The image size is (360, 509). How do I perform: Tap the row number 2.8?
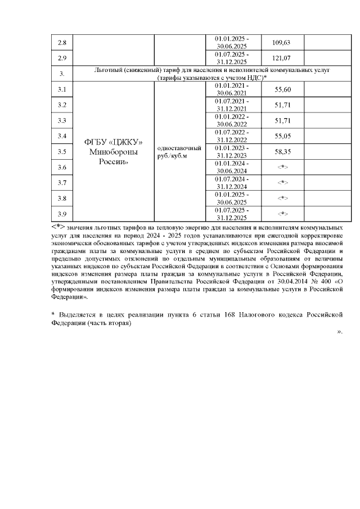point(62,42)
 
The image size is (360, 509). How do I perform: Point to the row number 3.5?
point(62,151)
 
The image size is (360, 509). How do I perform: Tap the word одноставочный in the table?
point(179,147)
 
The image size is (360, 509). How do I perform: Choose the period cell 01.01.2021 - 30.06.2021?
point(231,89)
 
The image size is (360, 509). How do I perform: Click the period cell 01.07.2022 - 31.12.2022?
point(231,136)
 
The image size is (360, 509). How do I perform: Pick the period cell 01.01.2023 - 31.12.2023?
point(231,151)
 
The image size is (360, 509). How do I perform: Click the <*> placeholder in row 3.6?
point(283,167)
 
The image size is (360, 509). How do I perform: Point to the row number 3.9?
point(62,214)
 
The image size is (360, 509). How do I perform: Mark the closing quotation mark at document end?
point(340,331)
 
